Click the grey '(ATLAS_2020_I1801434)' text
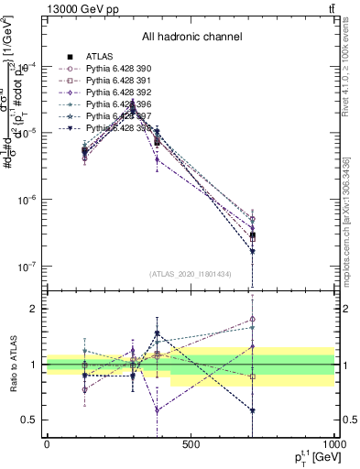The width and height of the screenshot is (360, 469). coord(191,274)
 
